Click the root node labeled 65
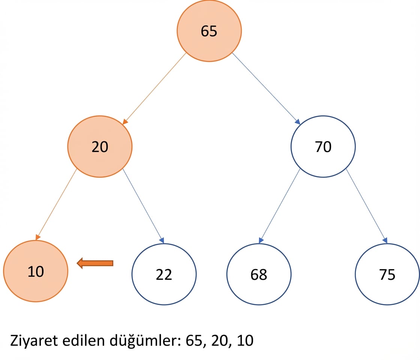coord(209,31)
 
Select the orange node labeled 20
coord(100,147)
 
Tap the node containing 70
coord(323,147)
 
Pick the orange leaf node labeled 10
coord(36,271)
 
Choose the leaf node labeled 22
coord(164,274)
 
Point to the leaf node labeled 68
coord(259,274)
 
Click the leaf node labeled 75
coord(387,274)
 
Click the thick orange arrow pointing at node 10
coord(95,263)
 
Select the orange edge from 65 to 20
coord(154,88)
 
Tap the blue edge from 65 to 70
coord(266,88)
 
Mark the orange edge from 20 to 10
coord(56,204)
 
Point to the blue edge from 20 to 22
coord(143,206)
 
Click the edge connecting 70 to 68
coord(279,206)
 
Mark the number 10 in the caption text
coord(245,340)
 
